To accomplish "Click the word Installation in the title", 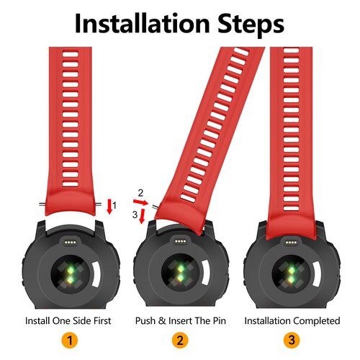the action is [x=143, y=23].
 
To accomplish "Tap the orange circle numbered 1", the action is [x=70, y=341].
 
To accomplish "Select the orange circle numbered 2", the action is [x=180, y=341].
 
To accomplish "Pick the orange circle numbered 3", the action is [x=292, y=341].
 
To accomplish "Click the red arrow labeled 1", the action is [x=109, y=207].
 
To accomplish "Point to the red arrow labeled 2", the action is [x=141, y=202].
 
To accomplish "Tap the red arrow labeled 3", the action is [x=143, y=216].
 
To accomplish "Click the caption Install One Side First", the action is [x=68, y=320].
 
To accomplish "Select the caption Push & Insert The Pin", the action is [x=181, y=320].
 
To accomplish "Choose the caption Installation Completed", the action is [x=292, y=320].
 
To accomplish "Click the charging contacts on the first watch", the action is [x=71, y=243].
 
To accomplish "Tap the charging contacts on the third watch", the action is [x=291, y=243].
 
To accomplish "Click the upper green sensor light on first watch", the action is [x=71, y=270].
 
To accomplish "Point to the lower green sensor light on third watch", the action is [x=291, y=278].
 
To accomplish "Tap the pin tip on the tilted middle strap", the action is [x=154, y=206].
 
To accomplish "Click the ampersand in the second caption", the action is [x=162, y=320].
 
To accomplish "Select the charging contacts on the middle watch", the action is [x=180, y=241].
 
